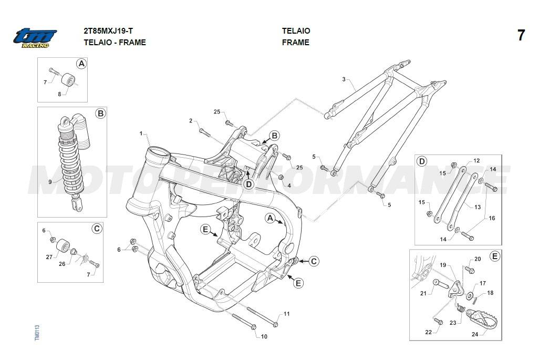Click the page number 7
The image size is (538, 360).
tap(521, 36)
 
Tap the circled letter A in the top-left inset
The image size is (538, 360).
tap(81, 64)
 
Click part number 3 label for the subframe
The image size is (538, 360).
tap(344, 80)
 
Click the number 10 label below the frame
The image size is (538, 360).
tap(264, 336)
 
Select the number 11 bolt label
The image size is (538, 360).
tap(286, 314)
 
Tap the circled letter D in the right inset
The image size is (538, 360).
tap(421, 161)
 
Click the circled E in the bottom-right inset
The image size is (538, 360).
tap(494, 256)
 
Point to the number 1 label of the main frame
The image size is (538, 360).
tap(141, 133)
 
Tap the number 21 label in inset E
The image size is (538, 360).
tap(423, 294)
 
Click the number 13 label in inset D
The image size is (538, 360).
tap(477, 207)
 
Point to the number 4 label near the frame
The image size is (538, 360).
tap(289, 185)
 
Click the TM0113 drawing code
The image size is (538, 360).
tap(37, 334)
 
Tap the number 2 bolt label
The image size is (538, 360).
tap(191, 121)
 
